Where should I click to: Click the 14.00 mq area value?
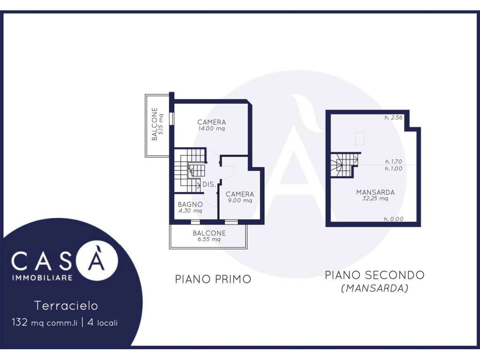(211, 128)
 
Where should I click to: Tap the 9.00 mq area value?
(240, 201)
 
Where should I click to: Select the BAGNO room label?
(190, 204)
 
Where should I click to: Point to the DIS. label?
(210, 185)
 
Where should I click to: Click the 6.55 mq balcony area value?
(209, 239)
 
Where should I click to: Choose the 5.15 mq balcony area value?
(161, 124)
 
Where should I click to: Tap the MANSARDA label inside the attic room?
(375, 192)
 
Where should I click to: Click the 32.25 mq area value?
(375, 198)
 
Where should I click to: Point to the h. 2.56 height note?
(394, 118)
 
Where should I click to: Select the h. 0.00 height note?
(394, 219)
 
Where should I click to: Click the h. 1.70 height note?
(394, 162)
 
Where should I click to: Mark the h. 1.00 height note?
(394, 169)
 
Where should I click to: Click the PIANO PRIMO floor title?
(213, 279)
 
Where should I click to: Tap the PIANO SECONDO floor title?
(375, 275)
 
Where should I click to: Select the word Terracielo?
(66, 306)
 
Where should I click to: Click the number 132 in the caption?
(20, 322)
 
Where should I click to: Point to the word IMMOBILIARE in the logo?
(42, 277)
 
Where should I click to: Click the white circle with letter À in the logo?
(97, 260)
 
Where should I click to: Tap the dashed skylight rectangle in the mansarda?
(360, 139)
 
